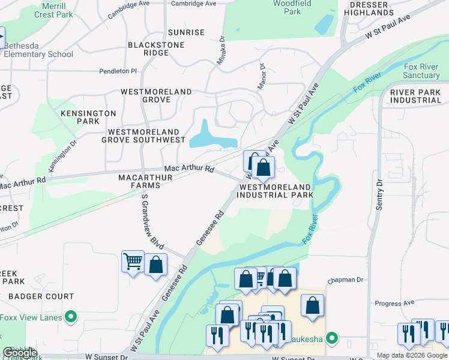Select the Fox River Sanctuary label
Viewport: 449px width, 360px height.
click(421, 71)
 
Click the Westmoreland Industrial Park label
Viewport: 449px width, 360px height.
click(276, 191)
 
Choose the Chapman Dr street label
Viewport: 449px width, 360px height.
click(346, 280)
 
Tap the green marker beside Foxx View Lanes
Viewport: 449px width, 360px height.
click(71, 317)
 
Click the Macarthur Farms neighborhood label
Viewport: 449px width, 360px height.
click(145, 182)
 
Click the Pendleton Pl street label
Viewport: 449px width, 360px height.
click(118, 71)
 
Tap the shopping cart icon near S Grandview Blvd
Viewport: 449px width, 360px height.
click(133, 261)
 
